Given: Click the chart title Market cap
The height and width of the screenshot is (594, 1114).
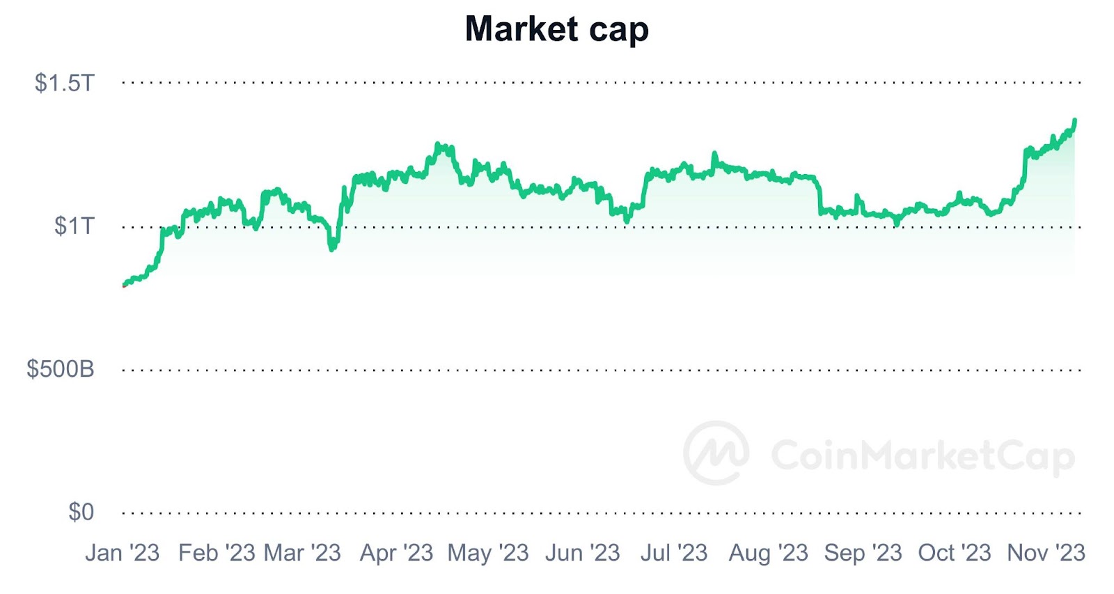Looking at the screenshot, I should (556, 29).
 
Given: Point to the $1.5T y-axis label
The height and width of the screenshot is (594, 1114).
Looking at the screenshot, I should (64, 84).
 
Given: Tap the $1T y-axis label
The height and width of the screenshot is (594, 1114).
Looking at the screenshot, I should (74, 226).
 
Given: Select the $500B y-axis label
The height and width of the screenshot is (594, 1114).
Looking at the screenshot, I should (61, 369).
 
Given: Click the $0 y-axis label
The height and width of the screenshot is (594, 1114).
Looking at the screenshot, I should (81, 513).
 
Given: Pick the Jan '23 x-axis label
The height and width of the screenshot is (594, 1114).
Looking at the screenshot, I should (123, 553).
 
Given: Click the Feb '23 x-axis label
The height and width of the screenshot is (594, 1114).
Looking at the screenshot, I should (217, 553).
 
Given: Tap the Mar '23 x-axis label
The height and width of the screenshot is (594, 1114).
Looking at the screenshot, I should (303, 553).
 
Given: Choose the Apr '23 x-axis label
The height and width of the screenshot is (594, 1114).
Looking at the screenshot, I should (396, 553).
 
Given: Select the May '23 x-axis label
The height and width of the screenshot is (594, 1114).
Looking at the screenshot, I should (488, 553).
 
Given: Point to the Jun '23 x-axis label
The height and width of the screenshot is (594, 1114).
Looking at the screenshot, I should (582, 553).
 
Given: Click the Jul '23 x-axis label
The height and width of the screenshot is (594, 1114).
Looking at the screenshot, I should (673, 553).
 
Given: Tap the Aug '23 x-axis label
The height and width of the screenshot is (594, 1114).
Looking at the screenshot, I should (768, 553).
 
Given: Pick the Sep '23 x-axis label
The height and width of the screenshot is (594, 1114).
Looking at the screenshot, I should (863, 553).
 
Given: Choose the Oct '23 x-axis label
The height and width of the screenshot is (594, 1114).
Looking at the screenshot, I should (954, 553).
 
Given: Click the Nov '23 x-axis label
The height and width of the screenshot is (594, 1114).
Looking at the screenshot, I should (1046, 553).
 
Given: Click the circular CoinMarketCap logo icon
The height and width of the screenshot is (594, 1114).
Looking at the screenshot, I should (716, 453).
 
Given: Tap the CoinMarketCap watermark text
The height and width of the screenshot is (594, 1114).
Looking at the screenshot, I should (923, 456).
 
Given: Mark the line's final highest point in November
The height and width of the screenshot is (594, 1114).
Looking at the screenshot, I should (1075, 120).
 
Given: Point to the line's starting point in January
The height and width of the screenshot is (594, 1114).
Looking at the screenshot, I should (125, 285).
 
